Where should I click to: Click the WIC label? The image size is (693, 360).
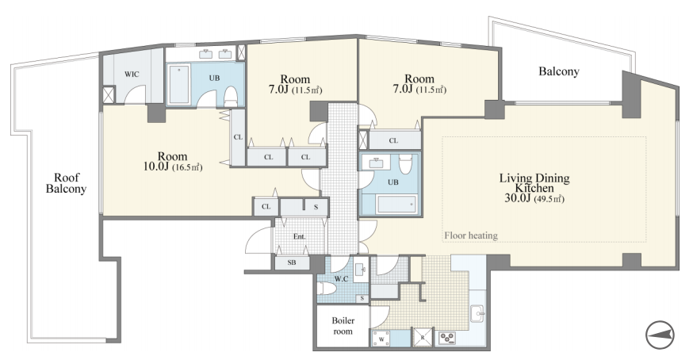point(132,74)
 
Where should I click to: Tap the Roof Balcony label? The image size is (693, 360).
point(66,183)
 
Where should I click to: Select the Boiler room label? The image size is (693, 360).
point(343,325)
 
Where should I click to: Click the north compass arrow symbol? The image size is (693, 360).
point(660,335)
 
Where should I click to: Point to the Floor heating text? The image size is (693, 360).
point(471,236)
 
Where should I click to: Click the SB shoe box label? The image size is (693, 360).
point(292,262)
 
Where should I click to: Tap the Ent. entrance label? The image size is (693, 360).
point(299,236)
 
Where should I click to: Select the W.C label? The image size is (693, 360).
point(341,278)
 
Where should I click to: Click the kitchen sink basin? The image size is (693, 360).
point(478,315)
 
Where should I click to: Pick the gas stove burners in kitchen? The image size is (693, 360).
point(447,339)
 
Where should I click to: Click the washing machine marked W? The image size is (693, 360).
point(381,339)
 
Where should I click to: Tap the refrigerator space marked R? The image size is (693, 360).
point(423,337)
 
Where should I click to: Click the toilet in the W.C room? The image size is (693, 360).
point(327,289)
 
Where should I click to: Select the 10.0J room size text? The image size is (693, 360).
point(156,167)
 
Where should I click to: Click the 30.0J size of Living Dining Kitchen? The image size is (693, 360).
point(517,197)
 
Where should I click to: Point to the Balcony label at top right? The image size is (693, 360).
point(559,71)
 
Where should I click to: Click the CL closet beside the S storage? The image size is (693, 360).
point(266,206)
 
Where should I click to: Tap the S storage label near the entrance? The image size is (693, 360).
point(316,206)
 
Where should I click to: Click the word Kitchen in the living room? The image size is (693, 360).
point(534,188)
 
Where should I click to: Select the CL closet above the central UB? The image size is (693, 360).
point(394,140)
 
